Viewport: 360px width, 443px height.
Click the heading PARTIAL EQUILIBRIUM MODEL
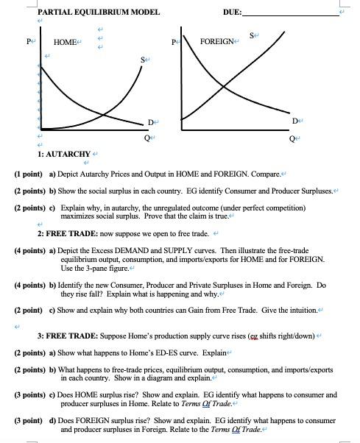pos(88,11)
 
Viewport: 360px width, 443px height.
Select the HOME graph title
pos(65,42)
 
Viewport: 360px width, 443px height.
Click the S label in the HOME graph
pos(143,58)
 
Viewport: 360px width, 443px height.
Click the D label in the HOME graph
pos(149,121)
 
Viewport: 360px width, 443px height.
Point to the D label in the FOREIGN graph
pos(294,120)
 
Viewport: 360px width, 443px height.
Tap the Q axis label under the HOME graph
pos(147,137)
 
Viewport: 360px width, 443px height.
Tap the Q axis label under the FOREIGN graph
pos(292,138)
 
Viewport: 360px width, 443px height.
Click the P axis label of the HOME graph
pos(29,42)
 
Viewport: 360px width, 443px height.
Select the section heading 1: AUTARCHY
pos(63,155)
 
